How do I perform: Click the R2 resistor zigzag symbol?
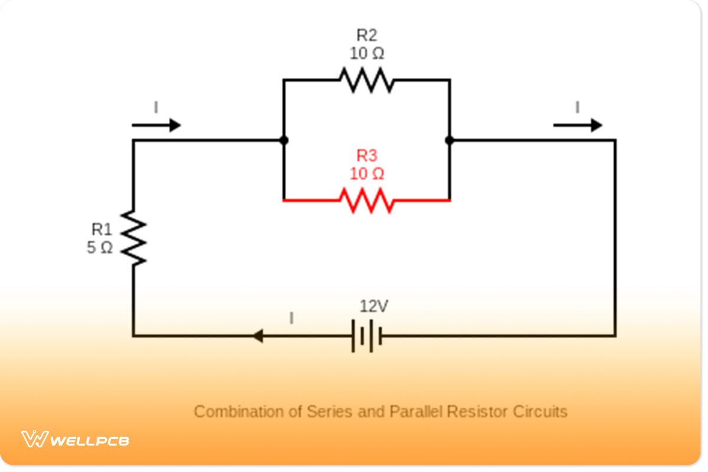click(366, 80)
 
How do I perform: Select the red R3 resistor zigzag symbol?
click(366, 201)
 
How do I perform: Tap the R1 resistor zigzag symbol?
click(133, 238)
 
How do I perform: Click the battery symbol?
click(366, 336)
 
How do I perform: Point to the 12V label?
click(374, 306)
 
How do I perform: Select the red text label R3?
click(366, 156)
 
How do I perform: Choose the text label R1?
click(101, 230)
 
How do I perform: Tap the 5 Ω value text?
click(100, 248)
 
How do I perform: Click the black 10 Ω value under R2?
click(366, 54)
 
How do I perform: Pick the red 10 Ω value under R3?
click(366, 175)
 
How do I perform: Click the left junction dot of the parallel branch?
click(284, 140)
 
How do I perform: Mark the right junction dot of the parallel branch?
click(450, 140)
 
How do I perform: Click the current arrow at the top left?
click(156, 125)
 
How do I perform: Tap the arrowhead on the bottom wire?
click(257, 336)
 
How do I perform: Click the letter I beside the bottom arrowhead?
click(291, 319)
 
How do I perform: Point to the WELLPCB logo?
click(76, 440)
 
